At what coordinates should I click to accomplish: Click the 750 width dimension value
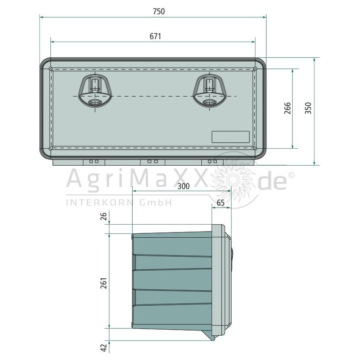click(x=159, y=11)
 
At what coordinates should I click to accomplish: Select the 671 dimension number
click(x=155, y=36)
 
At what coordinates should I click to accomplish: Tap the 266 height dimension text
click(x=288, y=108)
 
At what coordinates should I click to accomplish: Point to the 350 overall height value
click(x=308, y=108)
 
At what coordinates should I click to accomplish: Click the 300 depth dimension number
click(x=183, y=186)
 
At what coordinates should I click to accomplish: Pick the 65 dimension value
click(x=221, y=203)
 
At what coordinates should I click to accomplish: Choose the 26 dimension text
click(x=104, y=216)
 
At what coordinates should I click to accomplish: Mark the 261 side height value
click(x=104, y=283)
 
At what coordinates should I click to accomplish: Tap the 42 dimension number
click(x=104, y=347)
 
